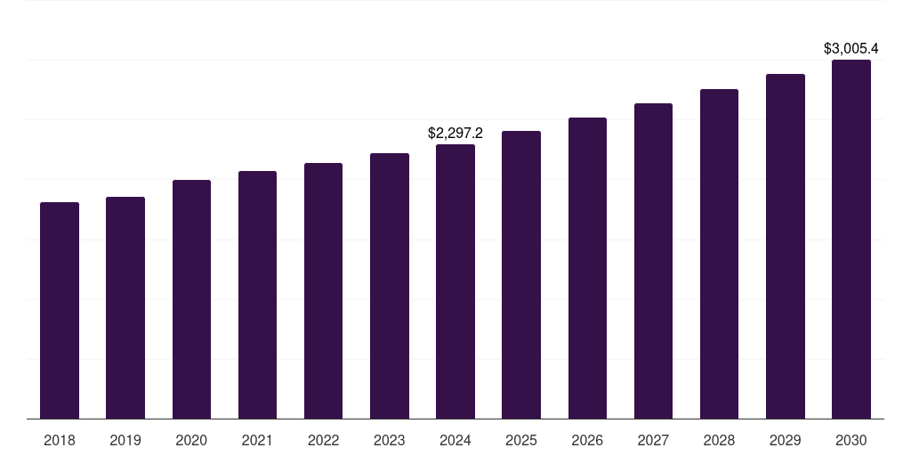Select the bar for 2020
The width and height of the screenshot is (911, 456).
[x=191, y=299]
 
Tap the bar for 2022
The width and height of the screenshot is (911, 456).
[x=323, y=290]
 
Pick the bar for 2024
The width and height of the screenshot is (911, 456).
[x=455, y=281]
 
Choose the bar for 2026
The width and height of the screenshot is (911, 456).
[x=587, y=268]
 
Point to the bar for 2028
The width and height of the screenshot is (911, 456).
[x=719, y=254]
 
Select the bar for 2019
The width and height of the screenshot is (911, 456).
[x=125, y=307]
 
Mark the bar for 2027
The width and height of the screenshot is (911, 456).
[x=653, y=261]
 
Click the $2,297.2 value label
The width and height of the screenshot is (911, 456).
[x=455, y=133]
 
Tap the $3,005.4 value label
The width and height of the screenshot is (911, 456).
[x=851, y=48]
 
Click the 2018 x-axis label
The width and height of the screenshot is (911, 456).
[x=60, y=440]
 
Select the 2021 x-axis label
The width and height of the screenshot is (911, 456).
[x=257, y=440]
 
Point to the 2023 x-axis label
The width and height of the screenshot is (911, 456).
[x=390, y=440]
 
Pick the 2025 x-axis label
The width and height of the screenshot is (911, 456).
[x=521, y=440]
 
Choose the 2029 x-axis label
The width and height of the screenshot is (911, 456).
[x=786, y=440]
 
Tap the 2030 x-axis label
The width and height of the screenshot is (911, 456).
[x=851, y=440]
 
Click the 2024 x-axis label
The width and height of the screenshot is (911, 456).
[x=455, y=440]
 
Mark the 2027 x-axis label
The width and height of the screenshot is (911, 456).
[x=653, y=440]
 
